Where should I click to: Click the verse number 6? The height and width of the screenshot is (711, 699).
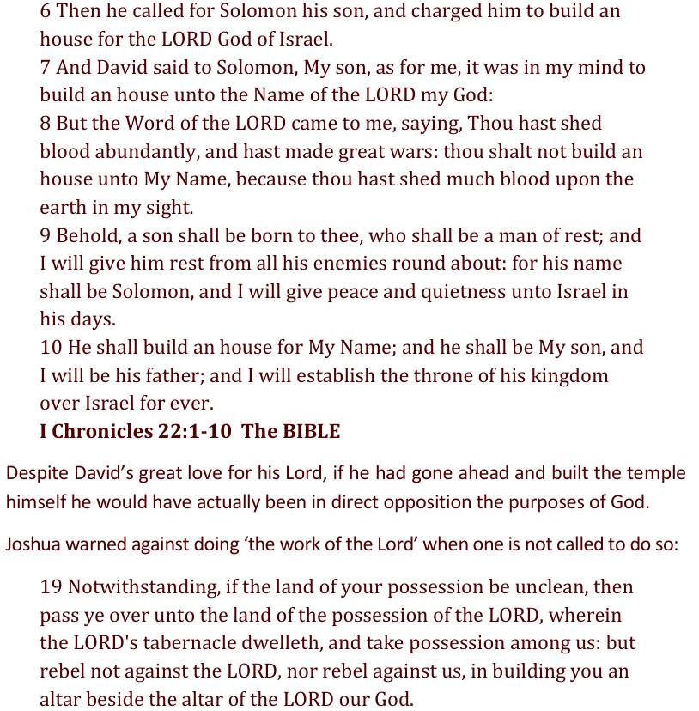(x=46, y=12)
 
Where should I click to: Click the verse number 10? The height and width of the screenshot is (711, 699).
(x=51, y=348)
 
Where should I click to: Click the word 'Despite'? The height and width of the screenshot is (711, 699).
(x=33, y=473)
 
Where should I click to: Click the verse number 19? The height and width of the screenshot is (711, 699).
(x=51, y=587)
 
